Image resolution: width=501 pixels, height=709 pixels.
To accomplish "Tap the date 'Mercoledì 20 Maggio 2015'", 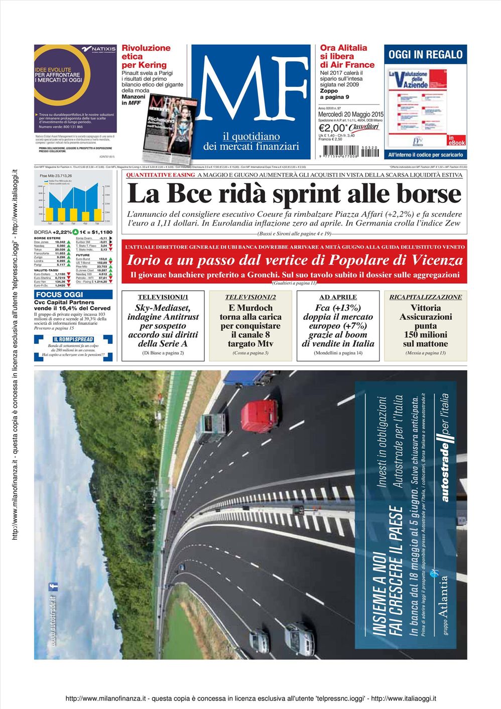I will (x=350, y=115).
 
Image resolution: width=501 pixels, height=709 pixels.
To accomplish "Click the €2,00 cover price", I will (x=333, y=128).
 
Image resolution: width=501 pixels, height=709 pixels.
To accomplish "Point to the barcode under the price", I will (x=340, y=151).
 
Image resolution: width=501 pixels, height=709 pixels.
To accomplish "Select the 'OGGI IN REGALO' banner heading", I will (x=425, y=55).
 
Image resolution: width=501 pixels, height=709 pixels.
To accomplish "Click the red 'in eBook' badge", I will (x=456, y=141).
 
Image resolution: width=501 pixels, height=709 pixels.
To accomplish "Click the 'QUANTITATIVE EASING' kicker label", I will (x=160, y=175).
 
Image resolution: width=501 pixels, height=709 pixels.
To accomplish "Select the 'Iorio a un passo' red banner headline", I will (x=295, y=260).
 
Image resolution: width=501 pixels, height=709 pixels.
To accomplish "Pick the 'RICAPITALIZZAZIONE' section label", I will (x=425, y=297).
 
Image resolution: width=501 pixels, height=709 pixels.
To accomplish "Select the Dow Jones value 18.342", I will (x=60, y=242).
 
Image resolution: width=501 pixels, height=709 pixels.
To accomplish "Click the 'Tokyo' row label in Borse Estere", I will (x=38, y=250).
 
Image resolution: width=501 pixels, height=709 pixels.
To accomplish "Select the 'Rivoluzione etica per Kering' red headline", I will (x=146, y=56).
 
